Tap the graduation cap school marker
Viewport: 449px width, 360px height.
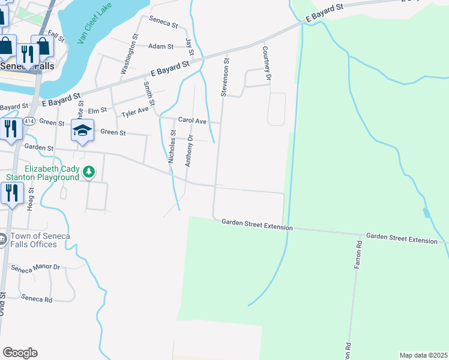[x=82, y=130]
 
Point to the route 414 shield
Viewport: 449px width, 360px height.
[x=29, y=122]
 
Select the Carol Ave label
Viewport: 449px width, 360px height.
[x=192, y=121]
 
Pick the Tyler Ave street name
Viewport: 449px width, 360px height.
[x=135, y=113]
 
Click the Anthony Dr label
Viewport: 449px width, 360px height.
[x=188, y=150]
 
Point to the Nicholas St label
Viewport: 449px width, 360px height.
[x=172, y=147]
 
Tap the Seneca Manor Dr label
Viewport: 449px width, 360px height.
[x=35, y=268]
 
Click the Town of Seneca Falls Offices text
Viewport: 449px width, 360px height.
[x=40, y=240]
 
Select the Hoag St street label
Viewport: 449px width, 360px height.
[x=30, y=197]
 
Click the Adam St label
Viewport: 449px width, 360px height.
[x=161, y=46]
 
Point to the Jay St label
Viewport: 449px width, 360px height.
[x=189, y=44]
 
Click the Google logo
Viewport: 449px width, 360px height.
[x=20, y=353]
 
